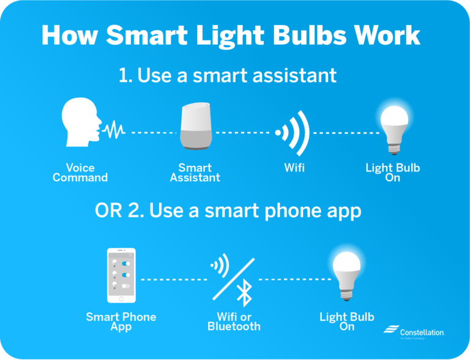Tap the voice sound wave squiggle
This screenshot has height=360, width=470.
[x=113, y=130]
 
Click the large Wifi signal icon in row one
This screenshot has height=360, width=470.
[x=294, y=132]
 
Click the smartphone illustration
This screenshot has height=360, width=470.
[x=121, y=276]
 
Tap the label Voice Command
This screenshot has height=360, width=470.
[x=80, y=173]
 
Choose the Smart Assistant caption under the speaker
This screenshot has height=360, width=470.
[x=195, y=173]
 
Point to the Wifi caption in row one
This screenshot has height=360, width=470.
[x=294, y=168]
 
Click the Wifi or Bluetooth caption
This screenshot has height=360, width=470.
[x=234, y=322]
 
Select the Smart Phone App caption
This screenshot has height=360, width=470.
[x=121, y=322]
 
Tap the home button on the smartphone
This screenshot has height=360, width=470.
[x=121, y=299]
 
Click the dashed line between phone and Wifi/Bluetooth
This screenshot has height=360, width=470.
[x=174, y=279]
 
